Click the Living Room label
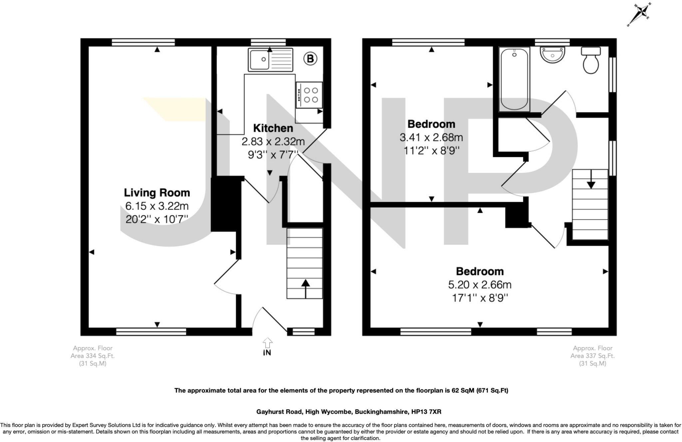157,193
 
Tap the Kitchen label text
273,128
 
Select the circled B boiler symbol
310,59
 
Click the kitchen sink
270,60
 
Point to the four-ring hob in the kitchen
309,95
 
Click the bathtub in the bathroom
514,79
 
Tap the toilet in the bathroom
591,60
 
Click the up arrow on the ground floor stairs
305,288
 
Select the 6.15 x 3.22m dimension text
157,206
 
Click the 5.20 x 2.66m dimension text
480,285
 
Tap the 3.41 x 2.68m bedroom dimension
431,137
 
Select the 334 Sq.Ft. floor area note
93,356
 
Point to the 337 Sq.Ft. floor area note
592,356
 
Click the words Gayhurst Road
279,412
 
